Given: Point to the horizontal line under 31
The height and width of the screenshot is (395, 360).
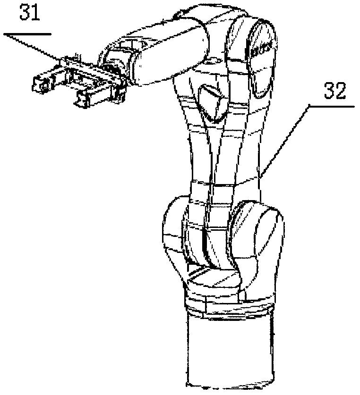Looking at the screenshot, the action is click(26, 34).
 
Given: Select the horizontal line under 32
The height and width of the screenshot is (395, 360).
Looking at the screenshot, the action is click(331, 106).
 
